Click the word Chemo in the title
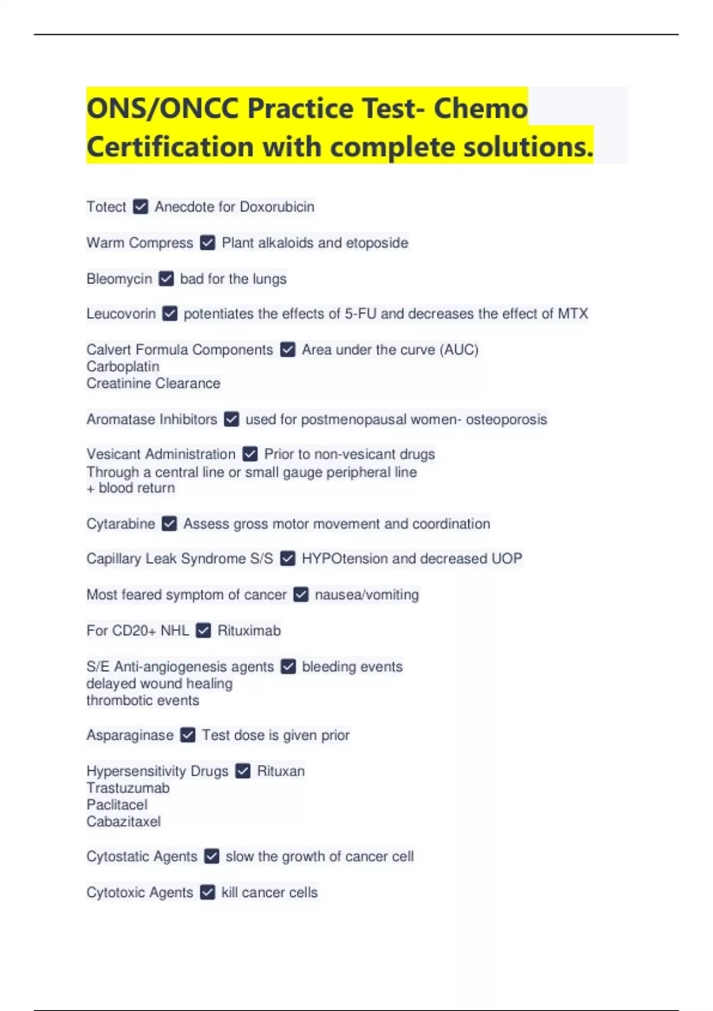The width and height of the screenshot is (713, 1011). (480, 108)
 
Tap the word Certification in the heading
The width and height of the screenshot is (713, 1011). (170, 146)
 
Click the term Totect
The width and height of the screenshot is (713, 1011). (106, 207)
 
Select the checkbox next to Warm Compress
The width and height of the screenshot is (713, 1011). (207, 243)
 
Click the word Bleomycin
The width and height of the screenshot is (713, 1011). (119, 279)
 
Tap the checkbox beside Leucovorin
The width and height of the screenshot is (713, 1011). (170, 313)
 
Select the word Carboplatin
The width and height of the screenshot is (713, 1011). (123, 366)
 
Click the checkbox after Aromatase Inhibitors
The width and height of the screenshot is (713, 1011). (232, 419)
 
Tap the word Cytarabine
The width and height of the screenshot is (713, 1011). (121, 524)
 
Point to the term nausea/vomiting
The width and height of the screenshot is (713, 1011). (367, 595)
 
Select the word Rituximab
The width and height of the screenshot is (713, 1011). (249, 630)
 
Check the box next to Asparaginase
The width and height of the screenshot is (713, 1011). (188, 735)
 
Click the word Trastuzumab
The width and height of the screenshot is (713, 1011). (128, 788)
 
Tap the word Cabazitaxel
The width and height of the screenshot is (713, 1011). (124, 821)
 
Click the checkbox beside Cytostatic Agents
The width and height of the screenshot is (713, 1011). (212, 856)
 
